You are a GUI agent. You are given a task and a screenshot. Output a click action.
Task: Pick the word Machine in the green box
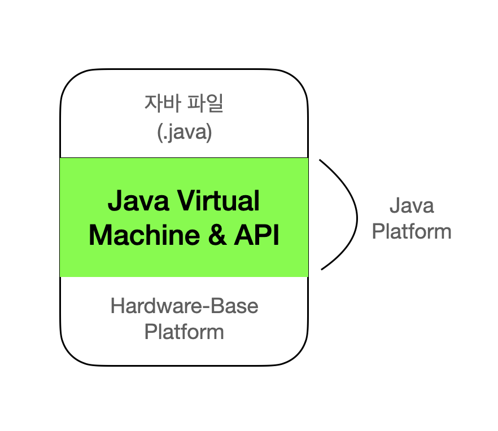click(141, 235)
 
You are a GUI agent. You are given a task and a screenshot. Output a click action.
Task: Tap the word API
click(257, 235)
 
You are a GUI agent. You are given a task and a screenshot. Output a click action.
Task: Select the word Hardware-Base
click(184, 306)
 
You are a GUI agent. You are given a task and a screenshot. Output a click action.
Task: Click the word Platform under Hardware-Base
click(184, 331)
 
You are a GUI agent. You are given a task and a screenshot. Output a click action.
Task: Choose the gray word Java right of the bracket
click(412, 205)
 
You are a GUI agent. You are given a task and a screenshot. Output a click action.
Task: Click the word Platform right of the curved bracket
click(412, 231)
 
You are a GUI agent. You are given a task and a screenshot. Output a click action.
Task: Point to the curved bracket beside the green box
click(356, 214)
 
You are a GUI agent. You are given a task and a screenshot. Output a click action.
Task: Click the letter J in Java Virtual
click(113, 201)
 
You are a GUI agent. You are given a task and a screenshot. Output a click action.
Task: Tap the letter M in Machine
click(100, 235)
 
